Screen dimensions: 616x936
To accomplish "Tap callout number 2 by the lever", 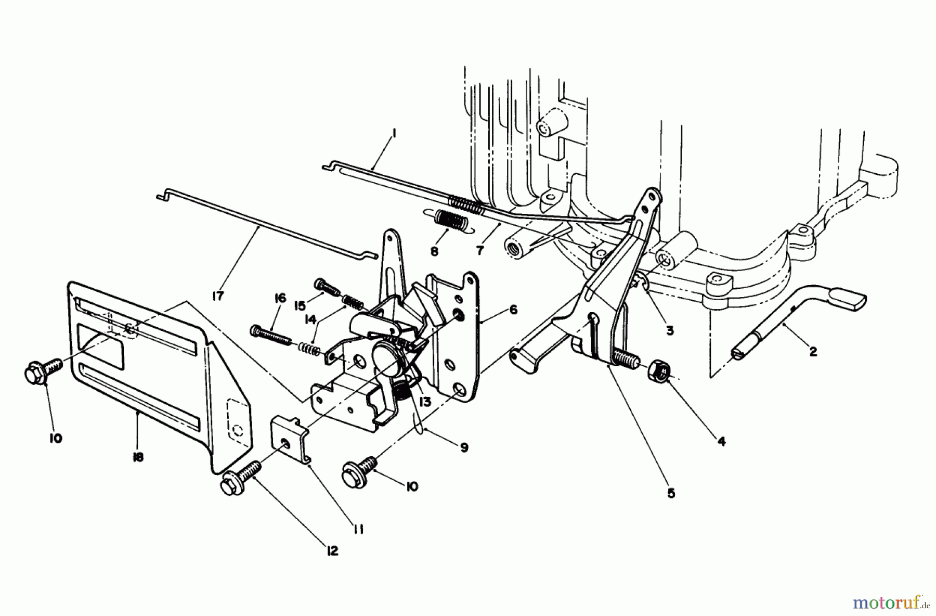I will (x=813, y=352).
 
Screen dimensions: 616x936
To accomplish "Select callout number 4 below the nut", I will (x=721, y=442).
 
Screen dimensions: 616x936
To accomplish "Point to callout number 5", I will (x=671, y=493).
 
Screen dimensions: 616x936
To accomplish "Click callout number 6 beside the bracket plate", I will (x=513, y=310).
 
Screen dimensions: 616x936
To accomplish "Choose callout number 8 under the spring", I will (x=434, y=251).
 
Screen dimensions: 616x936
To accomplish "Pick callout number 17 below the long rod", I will (x=217, y=296).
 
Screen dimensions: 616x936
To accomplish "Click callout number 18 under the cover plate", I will (x=138, y=457).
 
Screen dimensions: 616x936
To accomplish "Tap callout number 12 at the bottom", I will (x=332, y=551).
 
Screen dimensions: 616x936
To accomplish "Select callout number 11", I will (x=358, y=530).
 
